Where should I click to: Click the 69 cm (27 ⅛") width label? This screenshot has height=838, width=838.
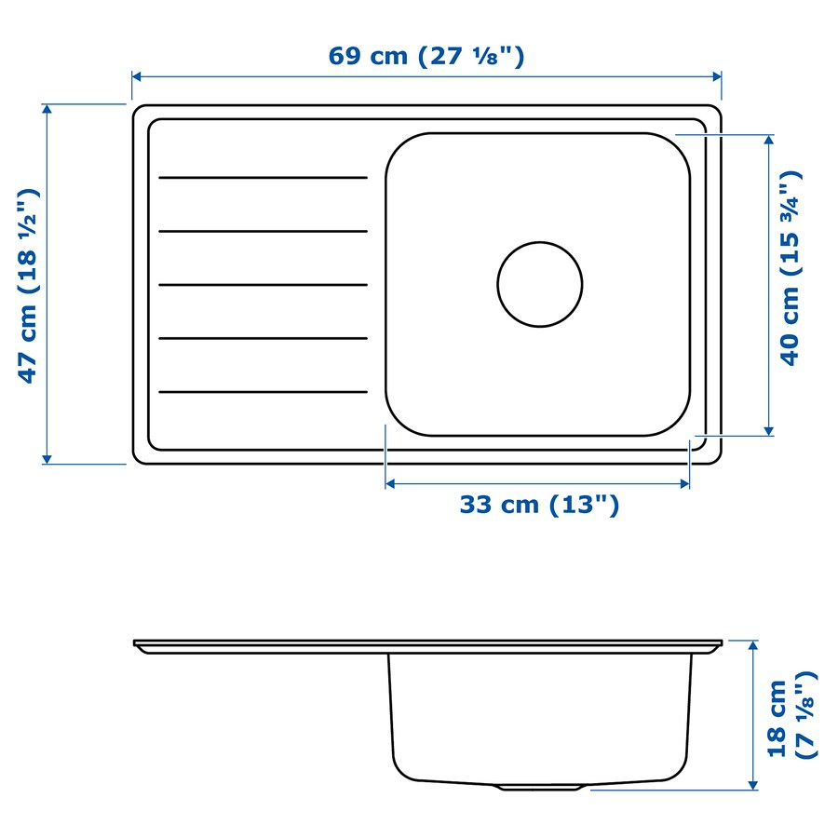click(x=426, y=56)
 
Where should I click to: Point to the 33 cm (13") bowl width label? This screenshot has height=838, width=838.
click(x=538, y=506)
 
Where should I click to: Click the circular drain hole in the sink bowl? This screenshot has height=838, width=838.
click(x=539, y=284)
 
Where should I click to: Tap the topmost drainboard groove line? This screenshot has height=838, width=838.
click(x=264, y=177)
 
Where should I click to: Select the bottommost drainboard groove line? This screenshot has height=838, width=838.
click(x=264, y=392)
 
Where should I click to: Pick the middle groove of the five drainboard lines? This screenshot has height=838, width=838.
click(x=264, y=285)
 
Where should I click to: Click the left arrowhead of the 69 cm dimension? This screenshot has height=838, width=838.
click(x=137, y=77)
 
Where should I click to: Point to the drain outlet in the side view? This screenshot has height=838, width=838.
click(x=540, y=787)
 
